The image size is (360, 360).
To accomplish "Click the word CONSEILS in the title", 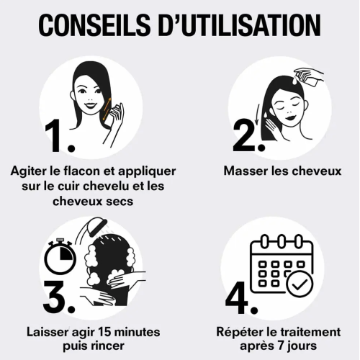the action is tap(94, 25).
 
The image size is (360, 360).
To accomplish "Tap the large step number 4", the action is tap(242, 297).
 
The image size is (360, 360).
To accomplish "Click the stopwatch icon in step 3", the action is tap(60, 256).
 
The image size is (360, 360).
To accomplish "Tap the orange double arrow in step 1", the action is tap(107, 109).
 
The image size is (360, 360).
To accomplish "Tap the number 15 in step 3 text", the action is tap(104, 332).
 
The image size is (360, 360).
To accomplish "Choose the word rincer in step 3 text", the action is tap(108, 346).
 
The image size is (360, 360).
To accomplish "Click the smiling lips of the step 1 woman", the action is tap(90, 106).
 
